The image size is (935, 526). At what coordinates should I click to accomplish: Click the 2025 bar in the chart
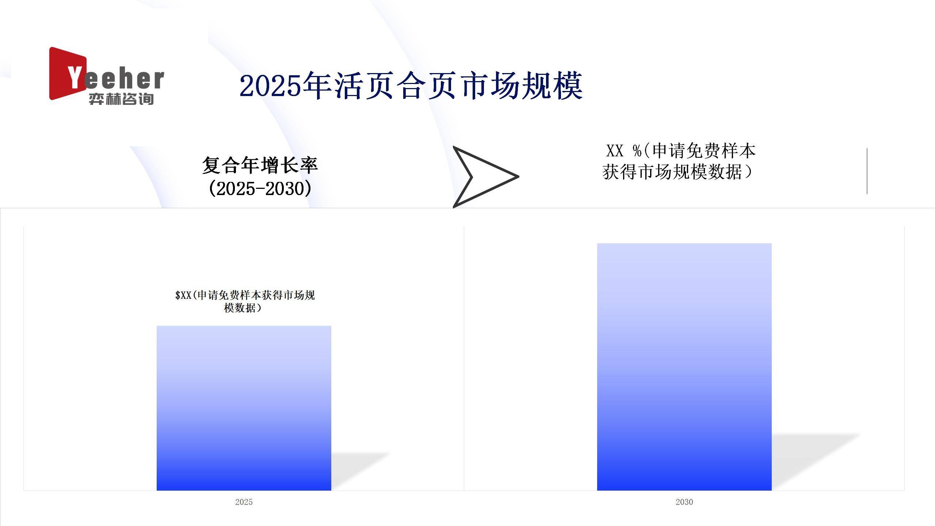pos(244,408)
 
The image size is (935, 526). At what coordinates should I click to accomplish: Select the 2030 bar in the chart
pos(684,367)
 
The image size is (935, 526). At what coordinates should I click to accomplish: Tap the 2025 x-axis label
pos(244,502)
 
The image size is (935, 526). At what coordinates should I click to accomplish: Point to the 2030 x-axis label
pos(684,502)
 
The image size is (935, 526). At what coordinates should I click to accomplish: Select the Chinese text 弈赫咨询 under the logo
pos(121,99)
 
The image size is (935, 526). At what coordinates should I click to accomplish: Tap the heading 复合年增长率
pos(260,165)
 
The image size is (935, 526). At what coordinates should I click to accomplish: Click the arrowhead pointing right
pos(485,177)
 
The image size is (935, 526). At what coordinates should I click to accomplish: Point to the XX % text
pos(624,151)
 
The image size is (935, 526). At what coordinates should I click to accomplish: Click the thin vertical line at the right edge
pos(867,171)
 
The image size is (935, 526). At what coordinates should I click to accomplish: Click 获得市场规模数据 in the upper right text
pos(672,172)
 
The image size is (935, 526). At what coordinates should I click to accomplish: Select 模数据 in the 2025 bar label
pos(240,308)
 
